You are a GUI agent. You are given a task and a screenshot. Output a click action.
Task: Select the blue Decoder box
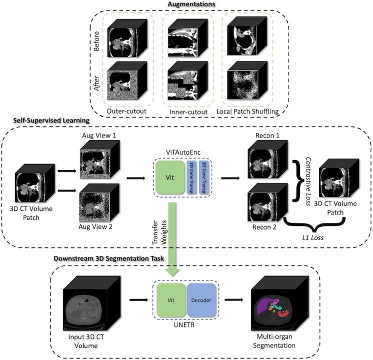201,301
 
